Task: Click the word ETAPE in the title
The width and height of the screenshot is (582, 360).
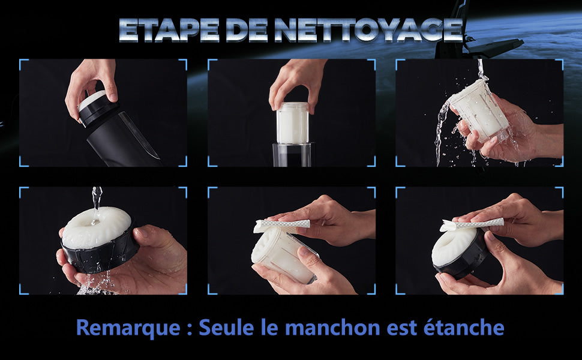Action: (x=169, y=30)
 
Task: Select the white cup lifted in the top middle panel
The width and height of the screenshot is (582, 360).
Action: (x=292, y=123)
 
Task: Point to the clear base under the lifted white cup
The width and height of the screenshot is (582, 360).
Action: (x=292, y=155)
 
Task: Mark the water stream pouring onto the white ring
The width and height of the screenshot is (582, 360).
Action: (x=97, y=204)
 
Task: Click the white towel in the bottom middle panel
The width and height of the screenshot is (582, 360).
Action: (x=281, y=225)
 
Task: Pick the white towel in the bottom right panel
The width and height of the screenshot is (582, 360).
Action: (x=472, y=224)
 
